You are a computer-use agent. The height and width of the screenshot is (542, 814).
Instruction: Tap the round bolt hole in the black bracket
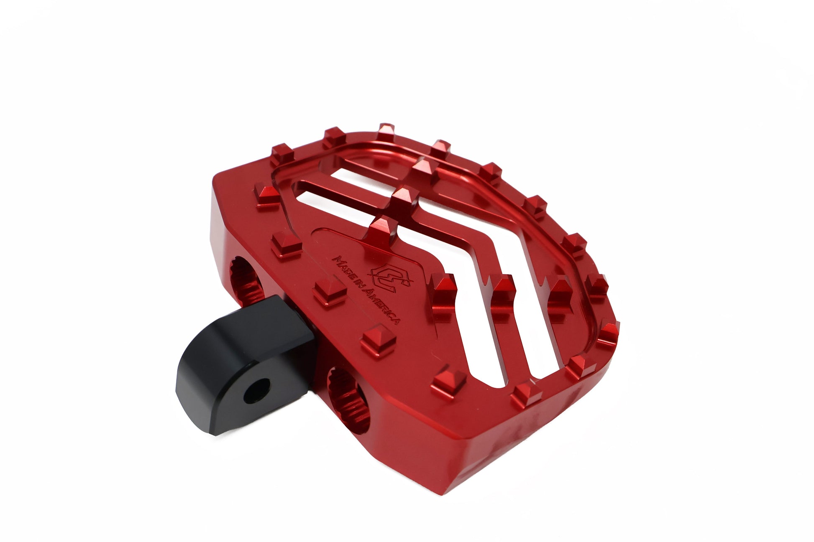[255, 392]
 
